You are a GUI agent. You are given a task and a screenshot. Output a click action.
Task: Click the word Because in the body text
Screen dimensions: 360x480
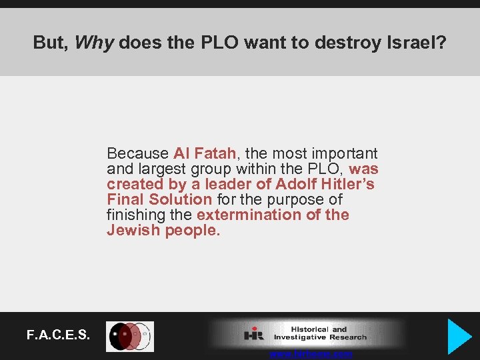138,153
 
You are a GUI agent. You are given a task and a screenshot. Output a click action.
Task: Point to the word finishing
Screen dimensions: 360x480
136,215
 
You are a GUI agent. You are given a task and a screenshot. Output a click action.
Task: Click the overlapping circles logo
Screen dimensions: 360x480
130,336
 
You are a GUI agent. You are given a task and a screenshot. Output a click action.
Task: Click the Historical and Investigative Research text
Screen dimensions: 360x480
319,333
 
